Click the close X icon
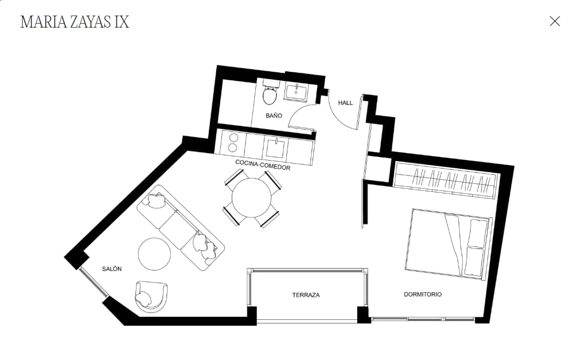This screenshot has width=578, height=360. (x=554, y=22)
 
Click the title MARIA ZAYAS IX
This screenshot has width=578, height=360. (x=75, y=22)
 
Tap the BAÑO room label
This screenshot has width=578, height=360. (x=274, y=116)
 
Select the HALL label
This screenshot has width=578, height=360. (x=345, y=102)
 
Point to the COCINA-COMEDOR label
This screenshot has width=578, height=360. (x=263, y=165)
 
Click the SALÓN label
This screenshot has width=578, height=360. (x=112, y=269)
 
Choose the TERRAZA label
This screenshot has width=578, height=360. (x=306, y=295)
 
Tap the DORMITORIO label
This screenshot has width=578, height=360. (x=422, y=294)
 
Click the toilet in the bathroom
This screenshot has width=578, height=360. (x=270, y=92)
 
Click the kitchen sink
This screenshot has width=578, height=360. (x=275, y=148)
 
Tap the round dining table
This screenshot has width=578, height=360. (x=251, y=198)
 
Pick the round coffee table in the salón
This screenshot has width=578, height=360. (x=154, y=254)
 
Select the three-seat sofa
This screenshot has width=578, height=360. (x=181, y=227)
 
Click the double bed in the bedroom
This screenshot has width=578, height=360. (x=449, y=244)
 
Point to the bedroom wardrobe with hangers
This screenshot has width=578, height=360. (x=446, y=180)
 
